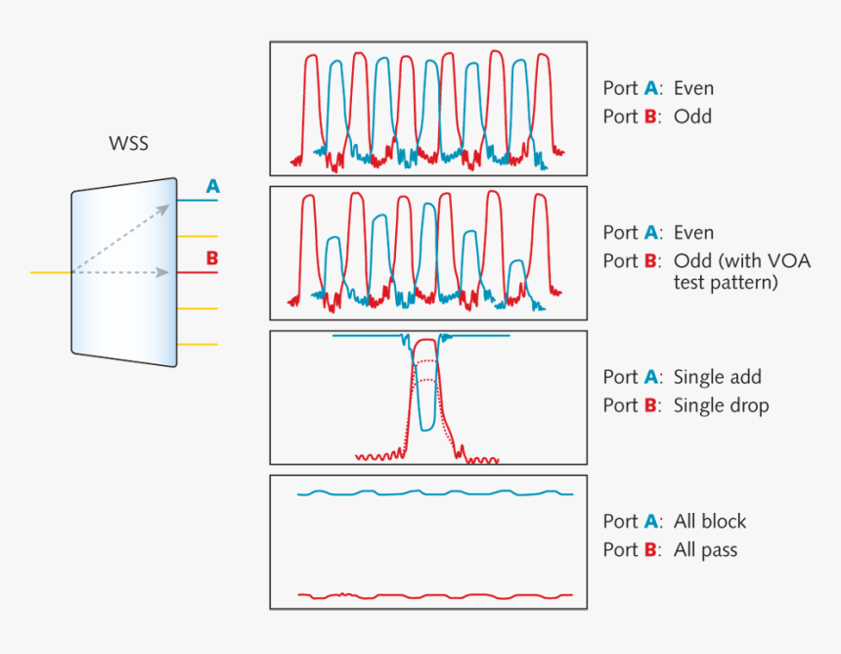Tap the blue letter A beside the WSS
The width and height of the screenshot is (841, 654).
[x=212, y=186]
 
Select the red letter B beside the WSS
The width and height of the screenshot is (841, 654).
[x=211, y=258]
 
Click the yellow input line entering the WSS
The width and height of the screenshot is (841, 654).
[x=49, y=272]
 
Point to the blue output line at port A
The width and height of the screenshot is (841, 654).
[x=196, y=201]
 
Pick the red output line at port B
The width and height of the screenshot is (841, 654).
[x=196, y=272]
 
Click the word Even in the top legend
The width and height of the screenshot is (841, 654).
[x=693, y=88]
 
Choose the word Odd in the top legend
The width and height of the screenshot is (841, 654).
[x=692, y=117]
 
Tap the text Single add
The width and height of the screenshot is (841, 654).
[x=717, y=377]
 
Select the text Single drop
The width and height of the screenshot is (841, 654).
[x=721, y=405]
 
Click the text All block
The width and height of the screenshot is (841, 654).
[x=710, y=521]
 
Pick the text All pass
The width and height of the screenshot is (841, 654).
[x=705, y=549]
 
